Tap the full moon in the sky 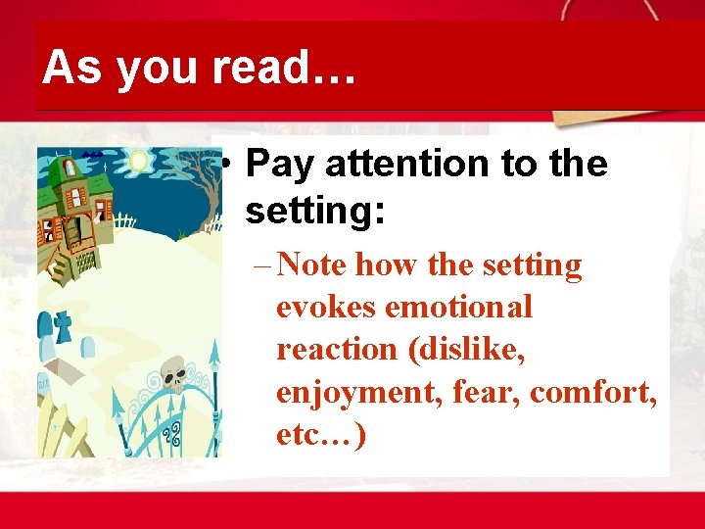click(x=137, y=161)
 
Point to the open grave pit click(x=69, y=369)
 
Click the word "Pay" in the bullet click(x=281, y=165)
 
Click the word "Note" click(x=312, y=265)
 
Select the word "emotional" click(x=459, y=307)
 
